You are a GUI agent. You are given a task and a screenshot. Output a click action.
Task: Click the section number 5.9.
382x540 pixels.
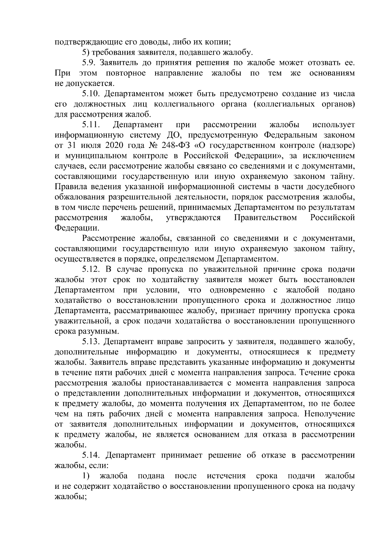pyautogui.click(x=88, y=63)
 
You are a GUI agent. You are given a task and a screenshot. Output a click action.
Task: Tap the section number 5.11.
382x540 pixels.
pyautogui.click(x=91, y=125)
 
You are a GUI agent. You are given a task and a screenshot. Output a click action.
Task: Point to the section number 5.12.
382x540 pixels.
pyautogui.click(x=91, y=269)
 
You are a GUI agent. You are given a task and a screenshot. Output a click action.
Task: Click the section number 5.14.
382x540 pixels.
pyautogui.click(x=91, y=455)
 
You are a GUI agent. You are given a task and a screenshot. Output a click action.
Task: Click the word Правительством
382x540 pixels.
pyautogui.click(x=265, y=218)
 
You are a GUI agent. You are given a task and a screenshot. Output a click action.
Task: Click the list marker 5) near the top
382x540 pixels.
pyautogui.click(x=85, y=52)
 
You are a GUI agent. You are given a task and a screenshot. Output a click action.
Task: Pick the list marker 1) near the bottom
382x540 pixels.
pyautogui.click(x=86, y=476)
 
